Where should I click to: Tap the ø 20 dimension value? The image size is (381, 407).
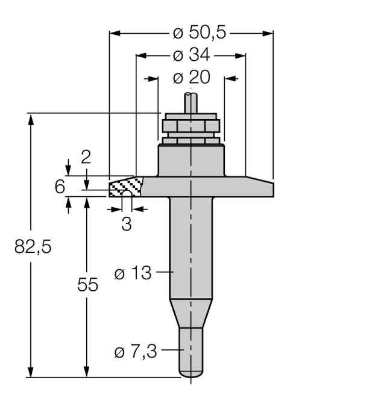191,78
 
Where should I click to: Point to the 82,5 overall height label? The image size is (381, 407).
33,247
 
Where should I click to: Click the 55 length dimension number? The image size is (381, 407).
87,285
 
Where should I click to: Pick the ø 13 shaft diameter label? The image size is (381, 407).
133,273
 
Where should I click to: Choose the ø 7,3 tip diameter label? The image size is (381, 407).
136,351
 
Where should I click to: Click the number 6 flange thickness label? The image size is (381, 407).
60,187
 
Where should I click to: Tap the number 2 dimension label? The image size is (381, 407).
86,157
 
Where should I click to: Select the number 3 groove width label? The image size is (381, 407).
126,224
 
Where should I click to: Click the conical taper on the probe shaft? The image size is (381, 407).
191,313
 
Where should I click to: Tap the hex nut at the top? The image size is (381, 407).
190,127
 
